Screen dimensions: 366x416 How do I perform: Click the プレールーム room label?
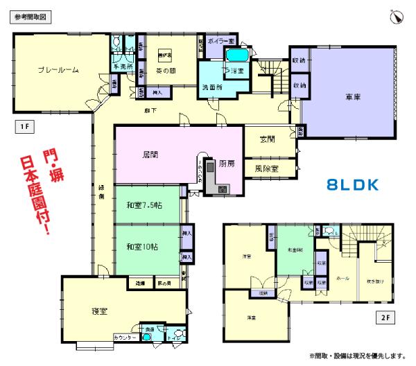point(58,70)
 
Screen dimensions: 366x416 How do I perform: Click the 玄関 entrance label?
point(266,139)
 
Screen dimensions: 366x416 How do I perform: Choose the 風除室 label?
point(267,168)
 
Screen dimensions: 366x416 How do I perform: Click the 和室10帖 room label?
point(143,246)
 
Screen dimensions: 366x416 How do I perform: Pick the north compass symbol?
point(397,17)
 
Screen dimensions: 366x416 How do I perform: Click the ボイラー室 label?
point(221,42)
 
